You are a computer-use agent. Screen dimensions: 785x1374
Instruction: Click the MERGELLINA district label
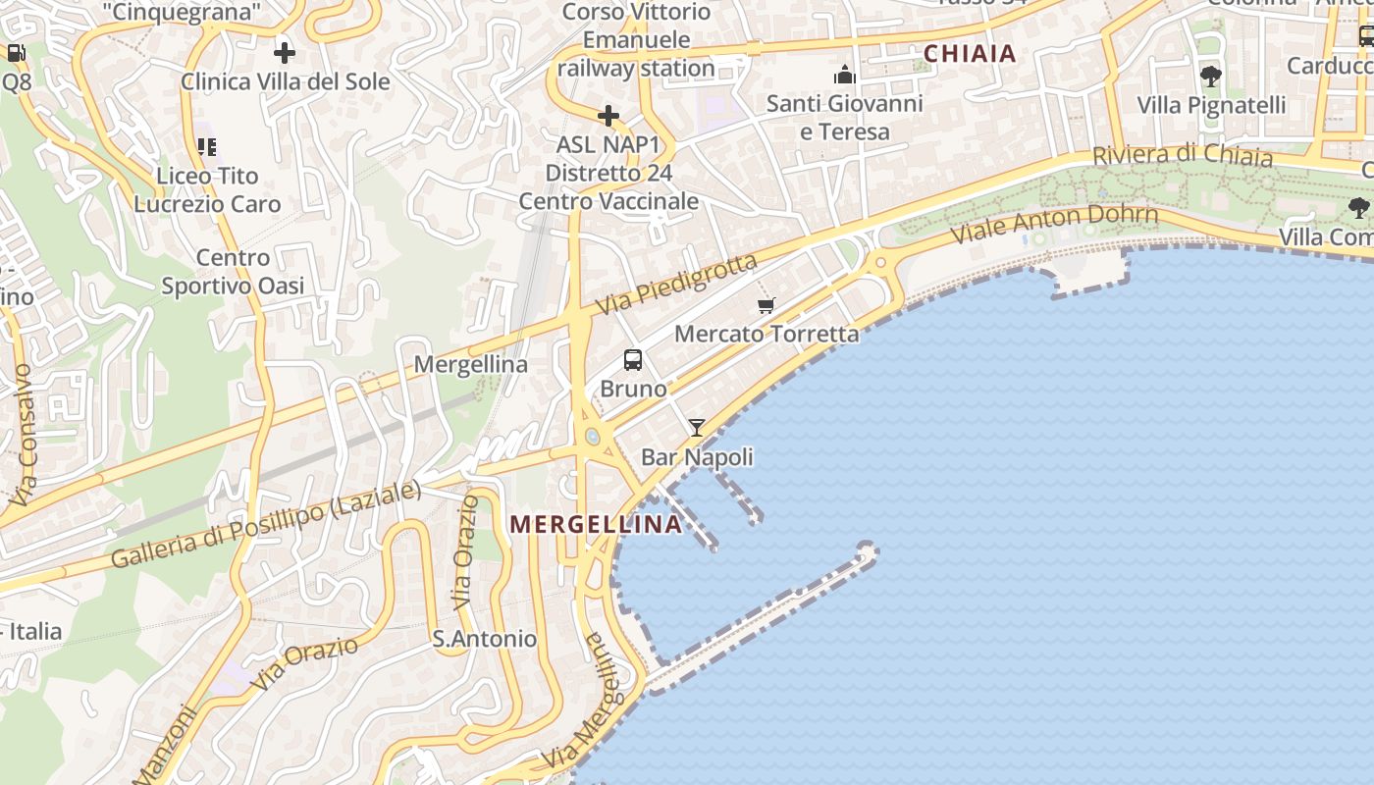[x=596, y=524]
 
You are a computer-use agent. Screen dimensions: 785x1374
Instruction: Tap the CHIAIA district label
[x=970, y=54]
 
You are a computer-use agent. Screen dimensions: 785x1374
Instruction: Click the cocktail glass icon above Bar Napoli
[x=697, y=427]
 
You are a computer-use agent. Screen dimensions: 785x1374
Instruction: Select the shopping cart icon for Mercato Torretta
[x=766, y=305]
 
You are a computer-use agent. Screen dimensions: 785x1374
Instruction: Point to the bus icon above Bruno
[x=633, y=360]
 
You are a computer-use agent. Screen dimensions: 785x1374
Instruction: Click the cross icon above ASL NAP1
[x=608, y=116]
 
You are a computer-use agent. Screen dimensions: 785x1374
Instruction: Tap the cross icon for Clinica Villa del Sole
[x=285, y=52]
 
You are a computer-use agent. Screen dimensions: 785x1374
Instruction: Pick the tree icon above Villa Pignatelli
[x=1211, y=76]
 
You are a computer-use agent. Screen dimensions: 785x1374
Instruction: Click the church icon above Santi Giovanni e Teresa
[x=845, y=75]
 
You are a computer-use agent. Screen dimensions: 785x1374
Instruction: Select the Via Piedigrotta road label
[x=677, y=285]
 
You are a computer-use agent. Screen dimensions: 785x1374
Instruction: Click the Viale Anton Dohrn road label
[x=1055, y=225]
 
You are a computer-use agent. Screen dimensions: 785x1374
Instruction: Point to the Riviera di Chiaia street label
[x=1183, y=155]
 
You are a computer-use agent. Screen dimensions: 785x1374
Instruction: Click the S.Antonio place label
[x=485, y=639]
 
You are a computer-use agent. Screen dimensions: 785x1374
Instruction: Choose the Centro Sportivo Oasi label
[x=233, y=272]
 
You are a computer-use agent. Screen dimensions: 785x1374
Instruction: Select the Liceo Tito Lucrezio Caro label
[x=208, y=189]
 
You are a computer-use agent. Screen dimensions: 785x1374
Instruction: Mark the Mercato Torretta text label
[x=766, y=334]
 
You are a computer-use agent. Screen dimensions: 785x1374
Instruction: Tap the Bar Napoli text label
[x=697, y=456]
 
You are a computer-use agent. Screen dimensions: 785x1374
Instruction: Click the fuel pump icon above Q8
[x=16, y=53]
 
